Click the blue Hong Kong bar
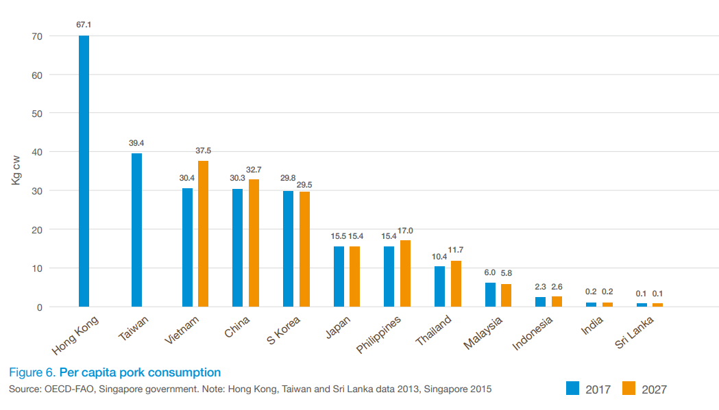click(x=84, y=171)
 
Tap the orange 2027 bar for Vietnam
click(x=203, y=234)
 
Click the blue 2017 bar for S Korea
click(x=288, y=249)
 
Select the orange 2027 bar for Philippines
click(x=405, y=274)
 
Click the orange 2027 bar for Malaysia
click(x=506, y=296)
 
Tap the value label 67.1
click(x=84, y=25)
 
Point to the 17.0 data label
click(x=405, y=231)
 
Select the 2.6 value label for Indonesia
click(x=557, y=286)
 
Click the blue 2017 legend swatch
click(x=573, y=388)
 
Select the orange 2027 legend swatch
click(x=629, y=388)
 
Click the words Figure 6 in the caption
click(x=32, y=372)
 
